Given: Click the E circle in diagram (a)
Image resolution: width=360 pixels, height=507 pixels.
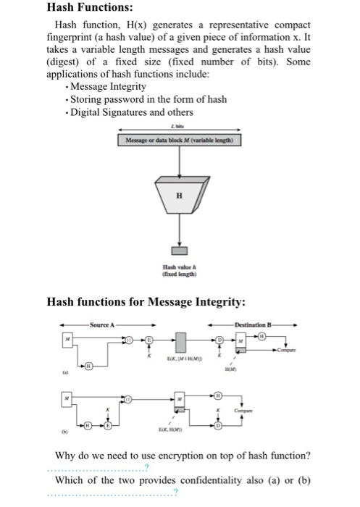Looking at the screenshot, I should [150, 340].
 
